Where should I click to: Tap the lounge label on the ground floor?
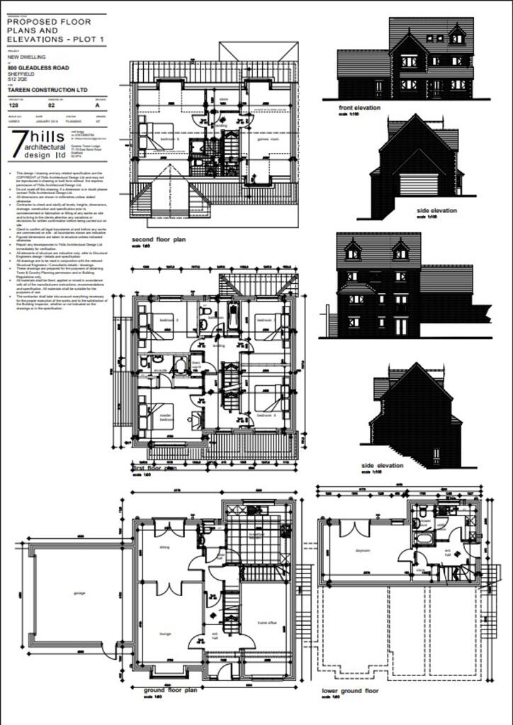165,633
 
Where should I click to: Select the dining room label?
164,547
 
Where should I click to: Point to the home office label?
266,623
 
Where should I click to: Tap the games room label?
267,140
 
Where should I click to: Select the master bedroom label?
167,418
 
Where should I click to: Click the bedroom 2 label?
168,320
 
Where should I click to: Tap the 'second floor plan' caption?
159,240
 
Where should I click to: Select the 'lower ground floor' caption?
350,690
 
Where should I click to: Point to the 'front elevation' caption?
360,108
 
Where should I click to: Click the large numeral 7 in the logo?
16,144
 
